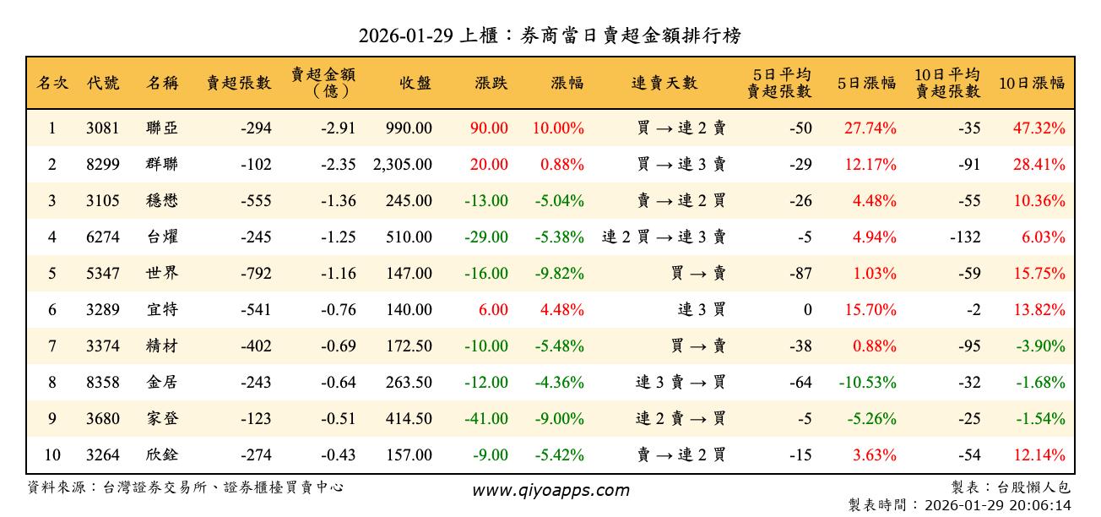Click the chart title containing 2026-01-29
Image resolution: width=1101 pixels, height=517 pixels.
(x=550, y=35)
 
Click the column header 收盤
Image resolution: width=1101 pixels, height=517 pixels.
(x=415, y=83)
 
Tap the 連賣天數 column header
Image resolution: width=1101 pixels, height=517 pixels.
(x=664, y=83)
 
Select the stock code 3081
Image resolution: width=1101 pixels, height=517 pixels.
(x=103, y=128)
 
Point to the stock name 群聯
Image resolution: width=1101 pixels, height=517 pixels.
(x=162, y=165)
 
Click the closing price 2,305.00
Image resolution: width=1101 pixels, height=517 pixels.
(x=403, y=165)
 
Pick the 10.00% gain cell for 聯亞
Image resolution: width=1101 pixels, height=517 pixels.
(x=558, y=128)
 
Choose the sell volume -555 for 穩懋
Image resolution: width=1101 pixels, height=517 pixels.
(x=256, y=201)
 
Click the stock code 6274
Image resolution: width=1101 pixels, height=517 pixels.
(x=103, y=237)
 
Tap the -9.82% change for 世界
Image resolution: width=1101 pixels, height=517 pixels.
(x=559, y=274)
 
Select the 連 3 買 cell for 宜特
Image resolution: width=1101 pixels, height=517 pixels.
(x=702, y=310)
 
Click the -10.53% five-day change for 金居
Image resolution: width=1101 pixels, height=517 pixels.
(x=867, y=383)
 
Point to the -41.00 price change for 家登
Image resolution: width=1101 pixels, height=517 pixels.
(x=486, y=419)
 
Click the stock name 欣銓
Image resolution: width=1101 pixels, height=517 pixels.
(x=162, y=455)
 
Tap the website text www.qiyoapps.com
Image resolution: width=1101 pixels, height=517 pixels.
(x=550, y=491)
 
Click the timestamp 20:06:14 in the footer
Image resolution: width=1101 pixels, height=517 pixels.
(x=1041, y=505)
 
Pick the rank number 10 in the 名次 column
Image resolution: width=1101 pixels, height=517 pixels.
(x=52, y=455)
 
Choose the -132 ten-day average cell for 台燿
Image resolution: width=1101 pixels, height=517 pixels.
(x=965, y=237)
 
